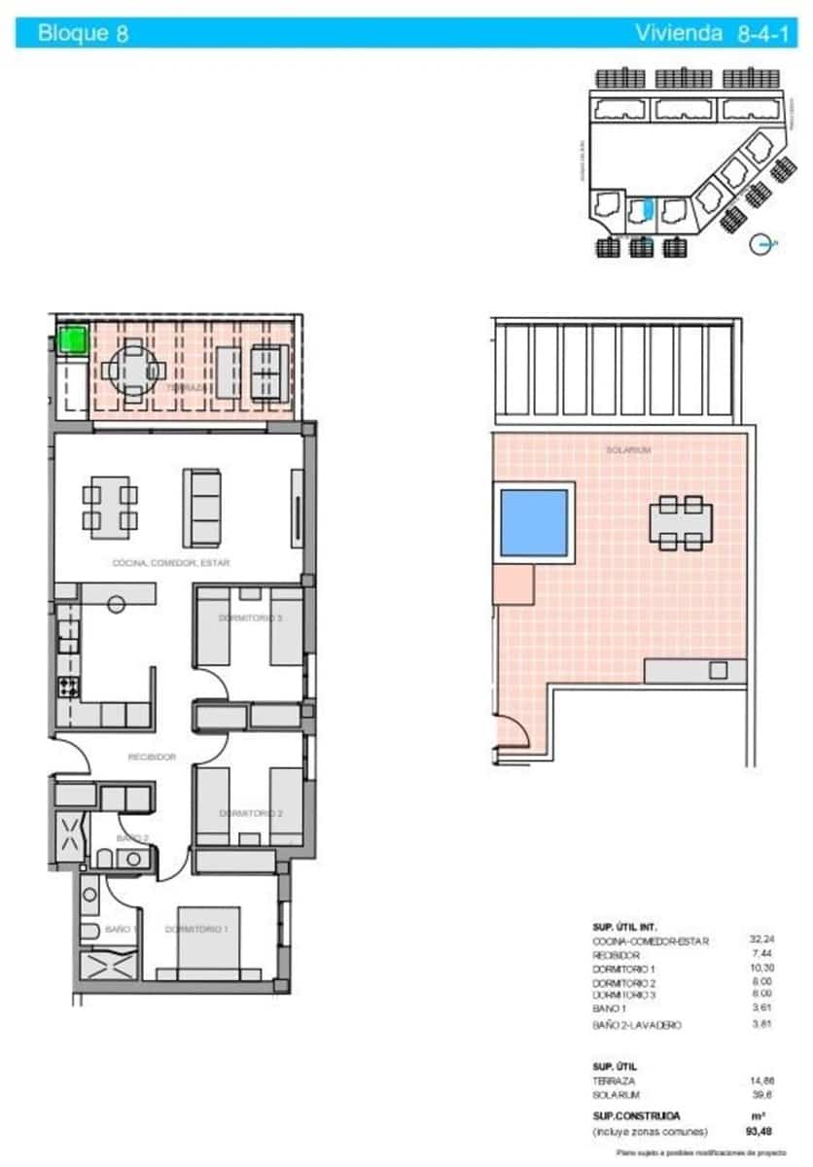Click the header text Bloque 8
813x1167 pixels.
83,34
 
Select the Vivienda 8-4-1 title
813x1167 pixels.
698,34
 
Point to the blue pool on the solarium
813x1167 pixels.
533,522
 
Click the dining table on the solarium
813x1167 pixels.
681,522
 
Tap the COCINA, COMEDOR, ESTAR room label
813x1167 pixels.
171,562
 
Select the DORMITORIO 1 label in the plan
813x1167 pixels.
196,930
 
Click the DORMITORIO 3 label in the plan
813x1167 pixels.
250,618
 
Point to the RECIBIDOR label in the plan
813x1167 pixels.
152,757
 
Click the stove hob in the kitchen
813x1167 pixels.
69,687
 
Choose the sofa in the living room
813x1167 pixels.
203,508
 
